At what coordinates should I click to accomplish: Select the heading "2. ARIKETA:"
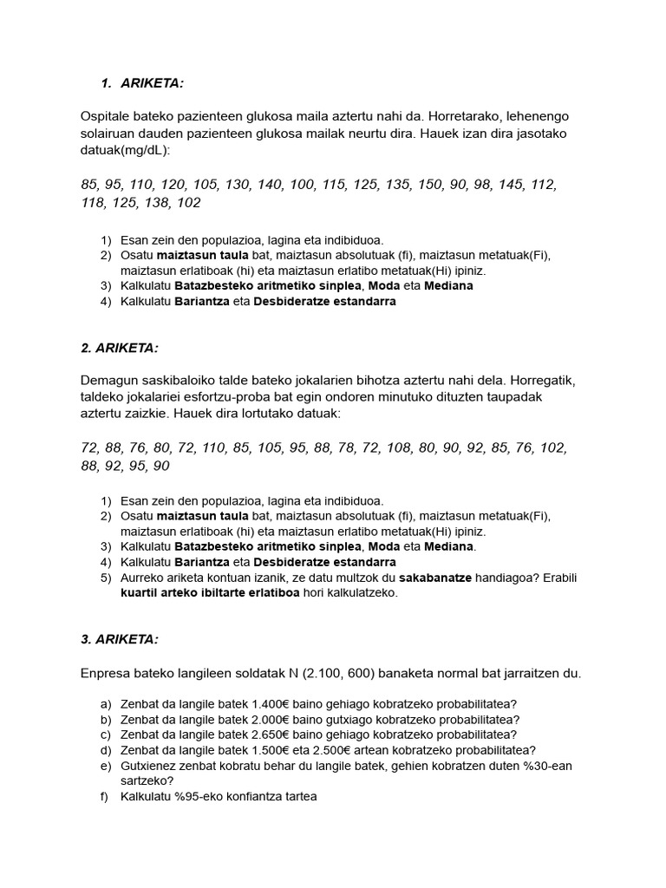click(x=119, y=348)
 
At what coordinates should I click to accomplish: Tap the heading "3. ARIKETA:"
click(x=119, y=639)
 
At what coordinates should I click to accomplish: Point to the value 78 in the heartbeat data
click(x=323, y=448)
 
